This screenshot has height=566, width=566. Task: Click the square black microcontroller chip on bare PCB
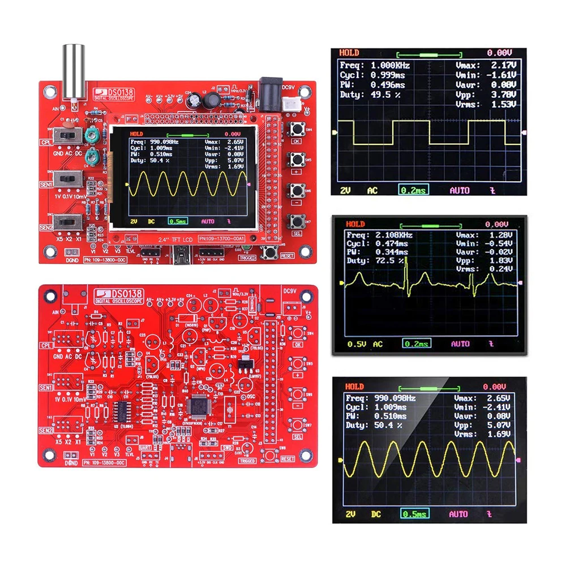tap(199, 406)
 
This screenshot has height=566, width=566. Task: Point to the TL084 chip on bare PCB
tap(121, 410)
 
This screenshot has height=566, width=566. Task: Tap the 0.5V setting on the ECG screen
tap(357, 344)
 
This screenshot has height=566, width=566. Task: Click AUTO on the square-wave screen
tap(460, 191)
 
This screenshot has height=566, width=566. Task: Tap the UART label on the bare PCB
tap(145, 447)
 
